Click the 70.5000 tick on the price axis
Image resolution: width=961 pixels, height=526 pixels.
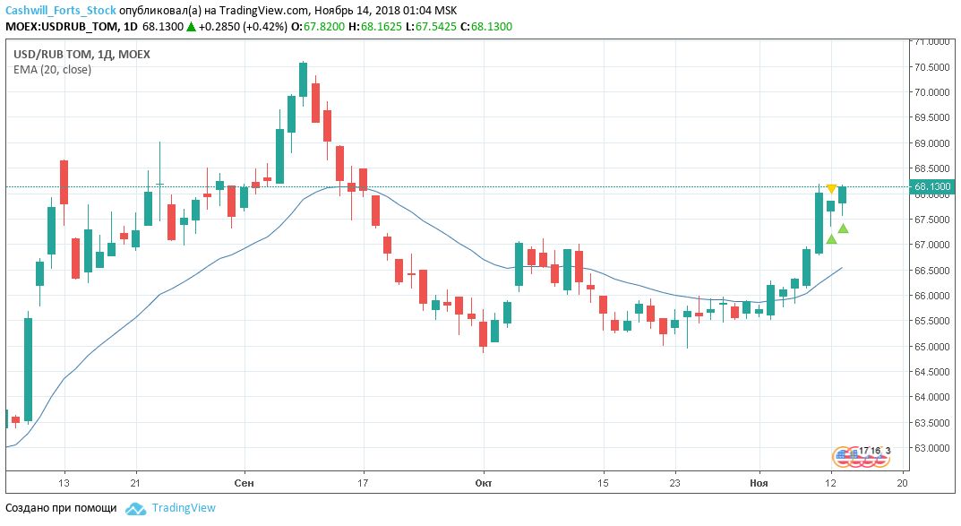(x=931, y=67)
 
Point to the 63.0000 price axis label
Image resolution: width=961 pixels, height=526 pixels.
(x=931, y=448)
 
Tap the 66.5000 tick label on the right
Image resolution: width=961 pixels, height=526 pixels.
(x=931, y=271)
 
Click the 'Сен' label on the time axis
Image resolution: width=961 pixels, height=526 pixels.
(x=244, y=482)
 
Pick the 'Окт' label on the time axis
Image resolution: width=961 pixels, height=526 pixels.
(x=484, y=482)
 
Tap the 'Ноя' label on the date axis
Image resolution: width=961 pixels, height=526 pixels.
(x=759, y=482)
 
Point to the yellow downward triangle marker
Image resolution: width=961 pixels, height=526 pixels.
(x=831, y=189)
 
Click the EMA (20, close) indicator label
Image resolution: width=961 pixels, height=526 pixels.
(x=52, y=70)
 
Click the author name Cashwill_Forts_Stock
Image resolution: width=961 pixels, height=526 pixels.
(x=60, y=10)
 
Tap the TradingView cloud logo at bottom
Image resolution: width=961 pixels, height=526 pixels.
(x=135, y=508)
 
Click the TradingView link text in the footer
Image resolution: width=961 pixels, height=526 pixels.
(x=184, y=508)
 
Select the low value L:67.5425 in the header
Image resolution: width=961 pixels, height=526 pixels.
(x=432, y=27)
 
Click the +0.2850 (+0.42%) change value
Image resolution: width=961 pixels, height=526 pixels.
(x=243, y=27)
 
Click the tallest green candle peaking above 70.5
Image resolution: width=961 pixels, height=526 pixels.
(x=304, y=79)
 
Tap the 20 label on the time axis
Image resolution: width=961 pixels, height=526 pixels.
(x=902, y=482)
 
